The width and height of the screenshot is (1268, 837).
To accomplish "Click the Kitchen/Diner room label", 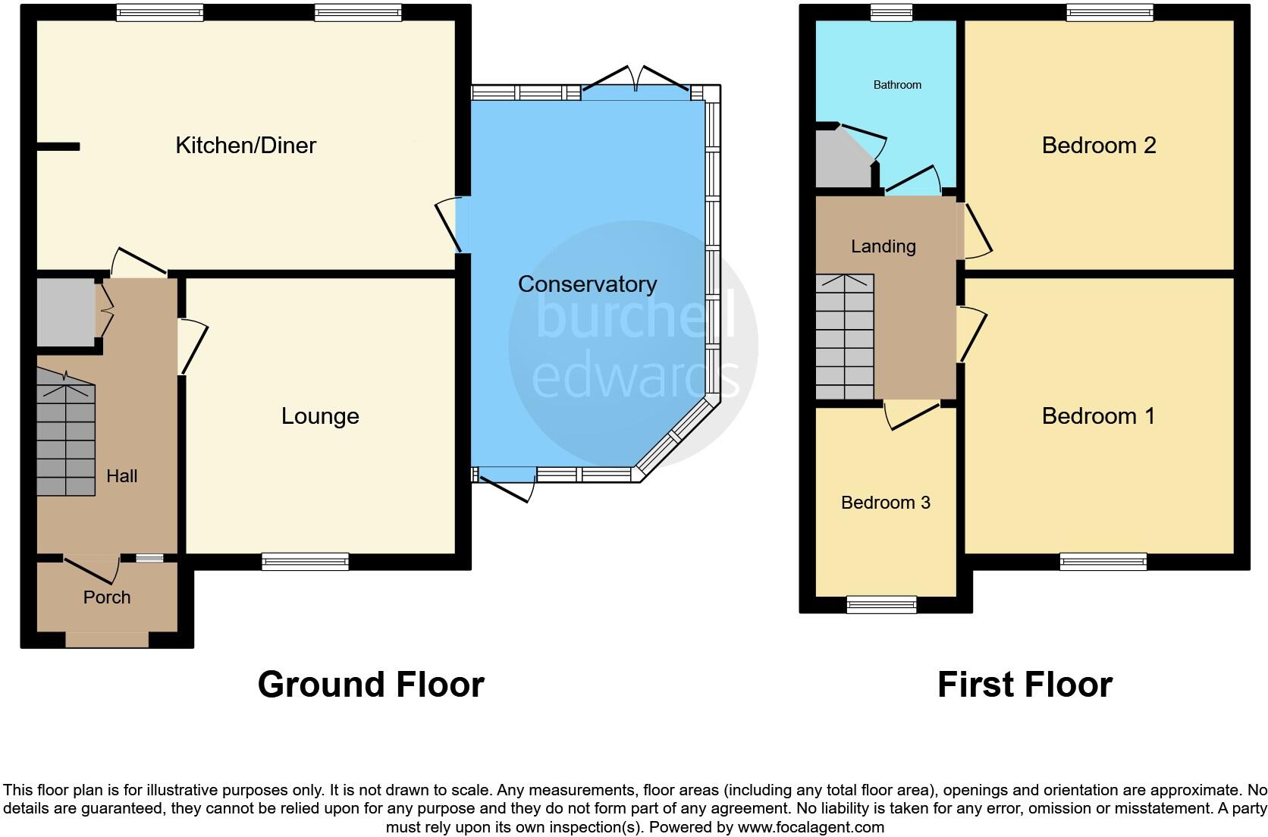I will coord(245,146).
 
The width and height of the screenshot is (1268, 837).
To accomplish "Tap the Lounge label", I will coord(320,416).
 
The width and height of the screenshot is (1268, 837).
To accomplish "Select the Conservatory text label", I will coord(587,284).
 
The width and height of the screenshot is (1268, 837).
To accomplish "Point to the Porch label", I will coord(107,597).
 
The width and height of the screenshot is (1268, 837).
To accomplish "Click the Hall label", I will coord(121,476).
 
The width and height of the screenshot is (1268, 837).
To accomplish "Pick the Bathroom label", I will coord(897,85).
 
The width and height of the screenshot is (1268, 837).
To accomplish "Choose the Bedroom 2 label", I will coord(1098,146).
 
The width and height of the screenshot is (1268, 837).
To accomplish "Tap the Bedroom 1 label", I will coord(1098,416).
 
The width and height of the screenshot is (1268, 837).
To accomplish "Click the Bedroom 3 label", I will coord(885,503).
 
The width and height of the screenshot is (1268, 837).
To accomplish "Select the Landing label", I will coord(883,246).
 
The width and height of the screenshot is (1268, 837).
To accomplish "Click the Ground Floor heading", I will coord(371,685).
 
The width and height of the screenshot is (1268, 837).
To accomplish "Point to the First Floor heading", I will coord(1025,685).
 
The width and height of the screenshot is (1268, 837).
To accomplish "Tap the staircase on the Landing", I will coord(844,337).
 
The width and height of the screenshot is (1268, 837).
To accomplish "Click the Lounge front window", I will coord(305,562).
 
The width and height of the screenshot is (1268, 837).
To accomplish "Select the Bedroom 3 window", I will coord(881,604).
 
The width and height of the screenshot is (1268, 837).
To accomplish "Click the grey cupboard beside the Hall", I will coord(65,313).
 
